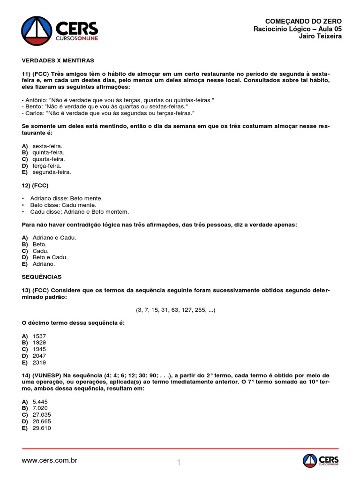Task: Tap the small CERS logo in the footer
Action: click(320, 460)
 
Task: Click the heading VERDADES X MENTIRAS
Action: click(58, 61)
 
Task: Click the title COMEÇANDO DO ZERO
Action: click(303, 22)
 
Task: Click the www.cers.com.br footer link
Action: click(49, 460)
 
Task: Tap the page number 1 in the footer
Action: click(179, 463)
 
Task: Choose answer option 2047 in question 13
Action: click(39, 356)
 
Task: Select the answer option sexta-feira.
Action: click(47, 146)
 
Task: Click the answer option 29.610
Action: click(42, 428)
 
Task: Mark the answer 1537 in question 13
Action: click(39, 337)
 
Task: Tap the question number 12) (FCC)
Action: click(35, 186)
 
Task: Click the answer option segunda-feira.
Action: click(52, 172)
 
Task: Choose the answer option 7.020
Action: click(40, 408)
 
